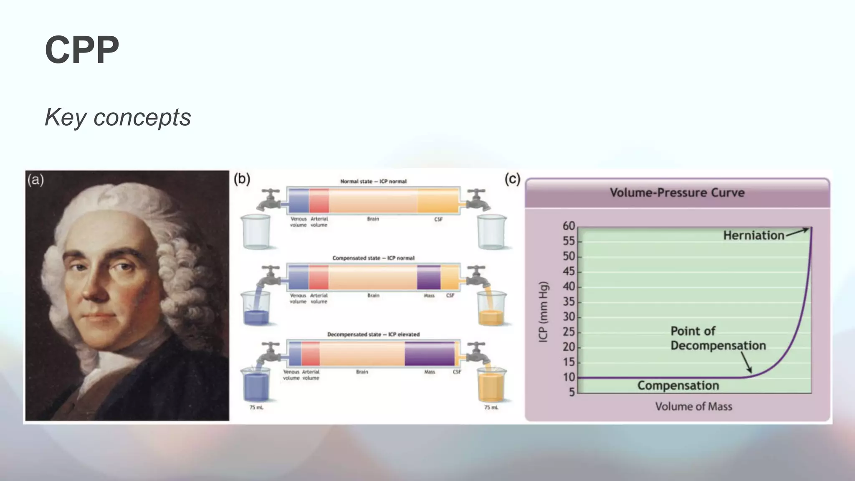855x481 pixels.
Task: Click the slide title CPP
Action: click(82, 50)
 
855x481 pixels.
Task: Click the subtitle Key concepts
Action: click(118, 117)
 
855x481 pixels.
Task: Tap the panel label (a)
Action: click(35, 180)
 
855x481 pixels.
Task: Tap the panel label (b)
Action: click(242, 179)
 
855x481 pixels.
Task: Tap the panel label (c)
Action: click(512, 179)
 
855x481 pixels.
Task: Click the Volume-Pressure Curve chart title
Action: click(677, 192)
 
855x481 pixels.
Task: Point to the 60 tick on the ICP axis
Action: click(569, 226)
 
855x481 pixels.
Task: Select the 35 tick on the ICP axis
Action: click(569, 301)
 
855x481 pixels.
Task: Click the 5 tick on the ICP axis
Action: click(572, 392)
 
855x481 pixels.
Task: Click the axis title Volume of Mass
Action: click(693, 406)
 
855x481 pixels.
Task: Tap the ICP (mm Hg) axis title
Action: click(543, 312)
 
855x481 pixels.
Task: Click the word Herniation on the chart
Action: click(754, 235)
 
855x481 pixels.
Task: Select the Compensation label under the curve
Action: click(678, 385)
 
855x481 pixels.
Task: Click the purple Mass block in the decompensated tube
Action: click(429, 354)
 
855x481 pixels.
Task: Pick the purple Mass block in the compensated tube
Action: click(429, 277)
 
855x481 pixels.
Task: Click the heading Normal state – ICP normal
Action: click(373, 181)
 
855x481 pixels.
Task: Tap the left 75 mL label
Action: click(256, 408)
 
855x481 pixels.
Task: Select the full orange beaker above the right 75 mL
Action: click(491, 386)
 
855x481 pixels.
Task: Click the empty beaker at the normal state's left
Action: click(256, 232)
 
